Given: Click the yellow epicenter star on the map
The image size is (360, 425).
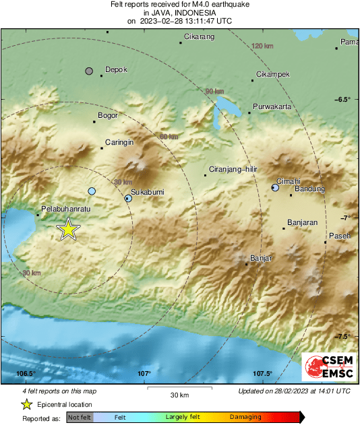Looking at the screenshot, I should [68, 229].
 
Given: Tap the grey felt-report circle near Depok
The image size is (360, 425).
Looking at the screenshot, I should [88, 71].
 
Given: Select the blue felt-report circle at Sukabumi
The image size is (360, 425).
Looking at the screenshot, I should [128, 198].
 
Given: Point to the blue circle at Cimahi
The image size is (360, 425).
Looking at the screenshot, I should [275, 188].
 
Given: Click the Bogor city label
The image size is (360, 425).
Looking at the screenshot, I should [108, 115].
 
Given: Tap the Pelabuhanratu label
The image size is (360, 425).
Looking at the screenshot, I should [65, 209].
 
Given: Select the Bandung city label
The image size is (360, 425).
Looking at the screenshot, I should [310, 189].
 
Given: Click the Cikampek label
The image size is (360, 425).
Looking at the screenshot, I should [273, 74].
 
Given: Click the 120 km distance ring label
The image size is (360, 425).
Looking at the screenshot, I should [262, 46].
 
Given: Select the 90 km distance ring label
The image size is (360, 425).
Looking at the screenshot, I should [214, 92].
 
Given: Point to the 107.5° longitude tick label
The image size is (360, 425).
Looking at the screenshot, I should [262, 374].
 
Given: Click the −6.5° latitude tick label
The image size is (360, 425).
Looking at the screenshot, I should [342, 99].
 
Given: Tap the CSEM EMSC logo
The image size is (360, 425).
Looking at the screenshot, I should [326, 367].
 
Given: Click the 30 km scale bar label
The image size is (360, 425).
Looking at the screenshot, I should [180, 395].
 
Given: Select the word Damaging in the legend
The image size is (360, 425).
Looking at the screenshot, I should [245, 417].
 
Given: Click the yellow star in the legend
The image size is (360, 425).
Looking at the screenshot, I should [26, 404].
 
